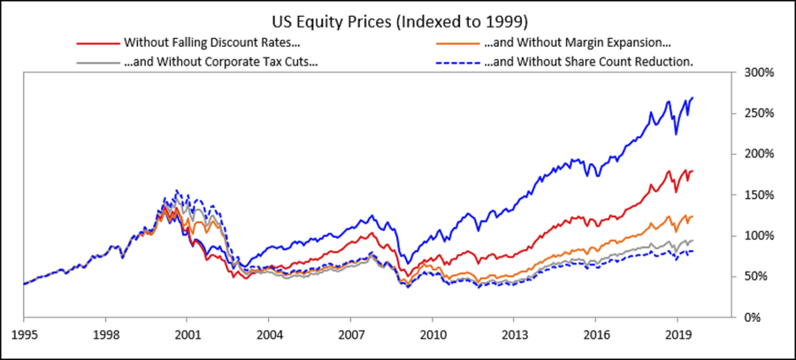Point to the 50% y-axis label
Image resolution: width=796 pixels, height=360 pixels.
tap(756, 276)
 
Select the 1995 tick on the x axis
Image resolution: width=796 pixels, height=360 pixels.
tap(24, 337)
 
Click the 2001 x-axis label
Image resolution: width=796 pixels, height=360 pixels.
tap(187, 337)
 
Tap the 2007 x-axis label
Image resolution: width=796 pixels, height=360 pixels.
tap(350, 337)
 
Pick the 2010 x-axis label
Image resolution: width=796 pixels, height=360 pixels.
tap(432, 337)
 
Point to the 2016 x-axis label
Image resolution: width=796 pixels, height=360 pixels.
tap(595, 337)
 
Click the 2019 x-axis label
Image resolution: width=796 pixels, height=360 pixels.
tap(677, 337)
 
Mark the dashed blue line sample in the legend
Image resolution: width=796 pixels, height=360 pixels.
tap(457, 62)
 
